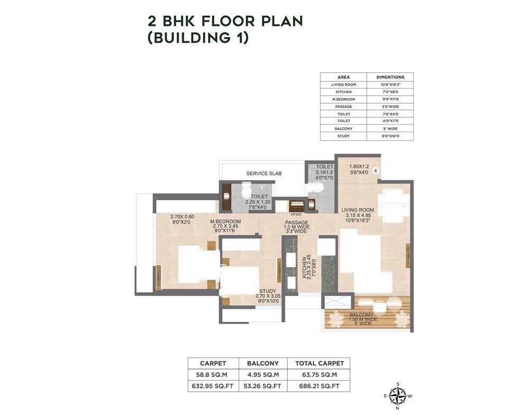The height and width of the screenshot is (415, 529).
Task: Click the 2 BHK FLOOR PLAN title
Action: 225,21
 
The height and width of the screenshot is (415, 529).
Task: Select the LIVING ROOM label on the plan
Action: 358,209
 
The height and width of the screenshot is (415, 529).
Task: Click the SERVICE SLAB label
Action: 264,173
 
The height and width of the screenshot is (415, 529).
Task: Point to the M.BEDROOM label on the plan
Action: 225,221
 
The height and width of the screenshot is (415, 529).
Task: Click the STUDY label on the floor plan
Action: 268,290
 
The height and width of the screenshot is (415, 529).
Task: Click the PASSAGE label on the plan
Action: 296,223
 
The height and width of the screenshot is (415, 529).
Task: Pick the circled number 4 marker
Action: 375,171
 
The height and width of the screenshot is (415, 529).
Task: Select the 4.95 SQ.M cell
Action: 263,375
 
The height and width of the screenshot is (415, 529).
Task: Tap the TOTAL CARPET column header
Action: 318,363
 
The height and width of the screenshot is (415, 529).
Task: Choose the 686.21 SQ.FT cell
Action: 318,386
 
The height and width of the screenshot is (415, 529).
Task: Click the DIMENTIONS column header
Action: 390,77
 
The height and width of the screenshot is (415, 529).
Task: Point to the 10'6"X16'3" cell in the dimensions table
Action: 390,85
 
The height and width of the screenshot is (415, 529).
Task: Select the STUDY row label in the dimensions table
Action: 343,136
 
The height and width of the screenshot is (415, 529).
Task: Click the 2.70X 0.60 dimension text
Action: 183,216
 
